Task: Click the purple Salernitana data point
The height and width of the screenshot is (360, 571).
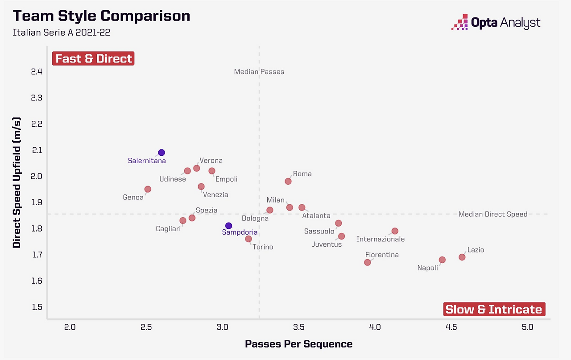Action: point(161,153)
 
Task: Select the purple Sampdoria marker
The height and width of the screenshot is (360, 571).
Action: point(228,226)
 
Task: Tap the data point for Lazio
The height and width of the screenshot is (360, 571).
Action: point(462,257)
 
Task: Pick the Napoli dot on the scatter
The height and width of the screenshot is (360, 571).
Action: point(442,260)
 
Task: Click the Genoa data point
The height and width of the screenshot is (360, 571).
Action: point(148,189)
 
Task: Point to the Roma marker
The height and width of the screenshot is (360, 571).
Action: point(288,181)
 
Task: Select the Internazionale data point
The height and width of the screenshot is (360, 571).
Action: point(395,231)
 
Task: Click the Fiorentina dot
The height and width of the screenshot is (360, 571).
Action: point(368,262)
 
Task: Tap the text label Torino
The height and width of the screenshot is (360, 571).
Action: point(263,247)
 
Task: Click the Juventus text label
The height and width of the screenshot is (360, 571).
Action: point(327,244)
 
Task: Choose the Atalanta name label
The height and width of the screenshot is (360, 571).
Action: point(316,216)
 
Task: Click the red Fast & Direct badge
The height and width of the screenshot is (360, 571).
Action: point(94,58)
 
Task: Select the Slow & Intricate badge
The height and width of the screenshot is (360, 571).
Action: point(494,309)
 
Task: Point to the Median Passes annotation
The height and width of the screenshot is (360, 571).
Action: point(259,72)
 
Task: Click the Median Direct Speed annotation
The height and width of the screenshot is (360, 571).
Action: point(493,214)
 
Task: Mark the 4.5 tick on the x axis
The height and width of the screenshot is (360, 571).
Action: point(451,327)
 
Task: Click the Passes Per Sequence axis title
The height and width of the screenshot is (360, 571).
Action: point(298,344)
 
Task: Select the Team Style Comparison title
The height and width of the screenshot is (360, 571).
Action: point(101,16)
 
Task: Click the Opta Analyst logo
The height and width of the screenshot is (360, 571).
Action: point(496,22)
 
